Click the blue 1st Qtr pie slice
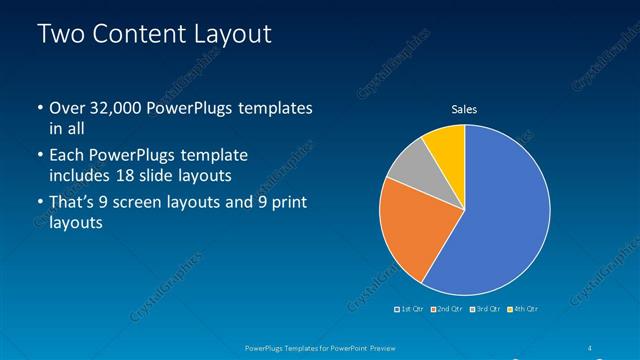point(500,210)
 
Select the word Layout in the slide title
point(232,34)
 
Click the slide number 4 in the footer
point(591,348)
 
